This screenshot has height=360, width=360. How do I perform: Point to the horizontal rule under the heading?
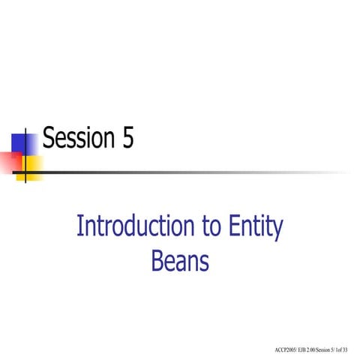(187, 152)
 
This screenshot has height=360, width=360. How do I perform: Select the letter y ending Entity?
(277, 230)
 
